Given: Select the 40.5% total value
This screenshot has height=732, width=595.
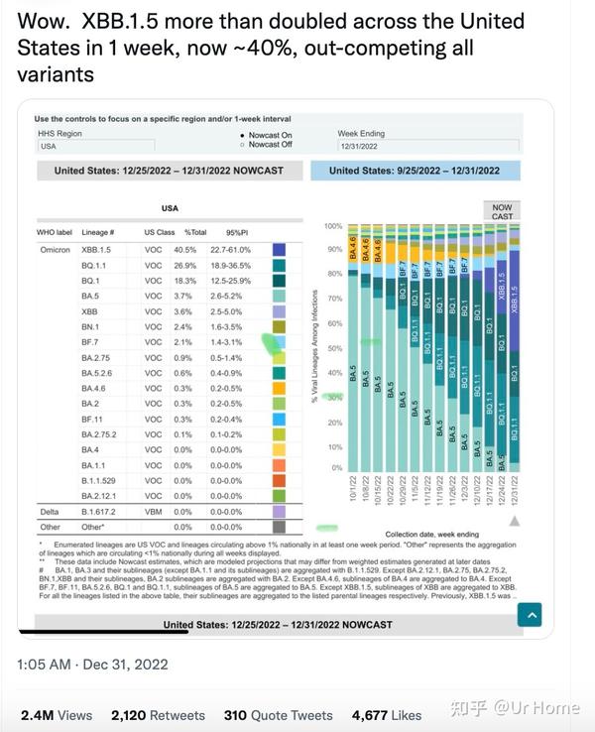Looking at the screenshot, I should [184, 250].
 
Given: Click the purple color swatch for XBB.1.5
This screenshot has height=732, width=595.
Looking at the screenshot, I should [280, 250].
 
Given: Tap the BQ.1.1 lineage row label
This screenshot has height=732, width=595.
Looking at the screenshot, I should [95, 266].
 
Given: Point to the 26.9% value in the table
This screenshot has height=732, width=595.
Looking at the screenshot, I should [184, 266].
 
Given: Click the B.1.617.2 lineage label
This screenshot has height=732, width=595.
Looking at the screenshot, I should [99, 511].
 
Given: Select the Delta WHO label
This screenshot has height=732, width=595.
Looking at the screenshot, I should [50, 511].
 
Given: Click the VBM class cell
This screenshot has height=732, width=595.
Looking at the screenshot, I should [153, 511].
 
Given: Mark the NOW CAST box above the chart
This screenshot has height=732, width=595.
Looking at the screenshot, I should [503, 212].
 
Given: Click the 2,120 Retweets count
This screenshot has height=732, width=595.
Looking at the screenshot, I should [158, 714].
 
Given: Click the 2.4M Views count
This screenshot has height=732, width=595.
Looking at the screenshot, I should [56, 714].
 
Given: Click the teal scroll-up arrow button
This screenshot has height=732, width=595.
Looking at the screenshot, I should [532, 615].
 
